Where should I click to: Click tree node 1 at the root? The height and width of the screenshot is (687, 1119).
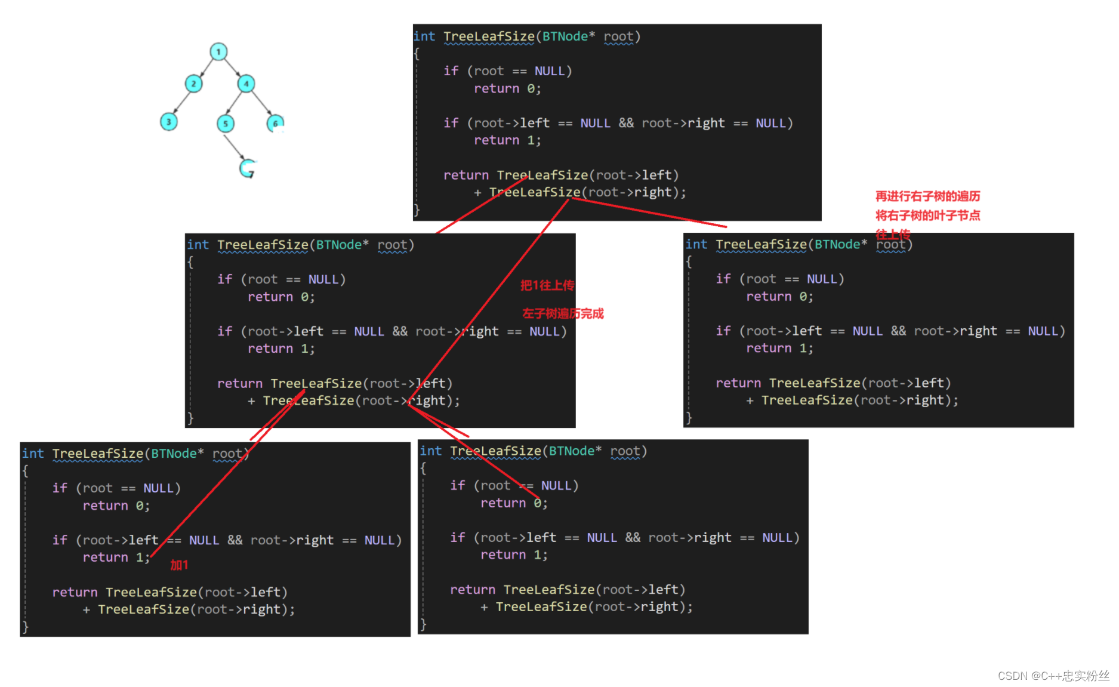coord(218,52)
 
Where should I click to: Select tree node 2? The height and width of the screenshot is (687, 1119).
coord(193,84)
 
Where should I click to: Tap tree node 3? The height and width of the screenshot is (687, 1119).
coord(169,122)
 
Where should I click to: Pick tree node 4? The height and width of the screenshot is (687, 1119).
coord(246,84)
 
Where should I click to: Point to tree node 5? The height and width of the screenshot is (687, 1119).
coord(225,124)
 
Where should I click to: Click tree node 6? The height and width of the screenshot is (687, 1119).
coord(275,124)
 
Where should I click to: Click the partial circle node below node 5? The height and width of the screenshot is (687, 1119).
coord(248,169)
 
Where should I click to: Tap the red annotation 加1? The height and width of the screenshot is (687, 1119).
coord(179,565)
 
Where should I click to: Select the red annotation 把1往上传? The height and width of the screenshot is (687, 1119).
coord(547,285)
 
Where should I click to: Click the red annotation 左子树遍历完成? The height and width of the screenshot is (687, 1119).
coord(563,313)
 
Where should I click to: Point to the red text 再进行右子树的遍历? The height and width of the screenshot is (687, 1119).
coord(927,196)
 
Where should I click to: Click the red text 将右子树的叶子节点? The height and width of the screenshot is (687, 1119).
coord(927,215)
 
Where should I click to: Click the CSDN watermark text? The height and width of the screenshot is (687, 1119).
coord(1053,676)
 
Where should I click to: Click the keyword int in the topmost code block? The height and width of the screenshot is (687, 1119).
coord(424,36)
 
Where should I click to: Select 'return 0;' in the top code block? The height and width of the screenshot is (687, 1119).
coord(507,89)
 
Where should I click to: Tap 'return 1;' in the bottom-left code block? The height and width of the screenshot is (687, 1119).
coord(116,557)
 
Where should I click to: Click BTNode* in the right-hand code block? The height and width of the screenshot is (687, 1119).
coord(841,244)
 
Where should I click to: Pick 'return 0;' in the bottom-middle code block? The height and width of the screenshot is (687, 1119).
coord(514,503)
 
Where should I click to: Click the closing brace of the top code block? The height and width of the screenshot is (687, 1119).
coord(417,210)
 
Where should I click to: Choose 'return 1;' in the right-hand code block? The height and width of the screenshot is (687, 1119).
coord(779,348)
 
